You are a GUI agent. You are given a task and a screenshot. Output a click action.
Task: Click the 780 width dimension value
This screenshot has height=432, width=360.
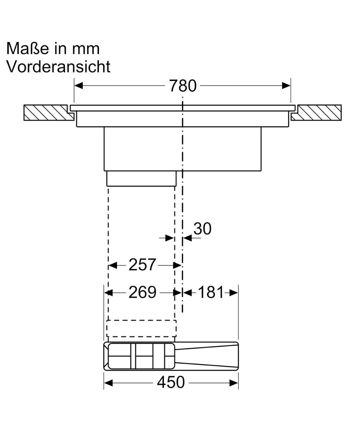pos(183,86)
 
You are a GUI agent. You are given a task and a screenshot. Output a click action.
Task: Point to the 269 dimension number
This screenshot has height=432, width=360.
pos(142,292)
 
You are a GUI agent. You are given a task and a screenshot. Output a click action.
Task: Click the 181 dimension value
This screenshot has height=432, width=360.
pos(211,292)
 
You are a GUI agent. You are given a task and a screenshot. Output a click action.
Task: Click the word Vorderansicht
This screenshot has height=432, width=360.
pos(58,66)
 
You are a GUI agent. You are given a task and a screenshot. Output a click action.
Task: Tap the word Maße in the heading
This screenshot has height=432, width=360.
pos(27,49)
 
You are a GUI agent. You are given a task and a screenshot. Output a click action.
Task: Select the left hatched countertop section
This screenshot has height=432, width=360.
pos(49,113)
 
